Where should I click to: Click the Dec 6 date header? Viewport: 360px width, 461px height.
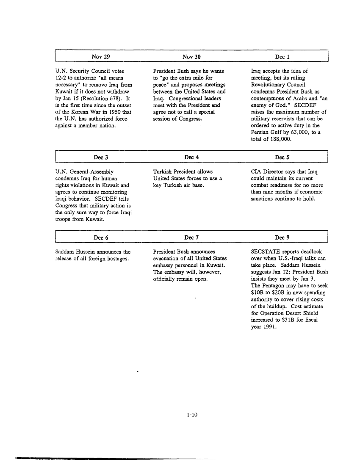tap(101, 238)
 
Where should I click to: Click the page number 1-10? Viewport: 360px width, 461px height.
tap(192, 415)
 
